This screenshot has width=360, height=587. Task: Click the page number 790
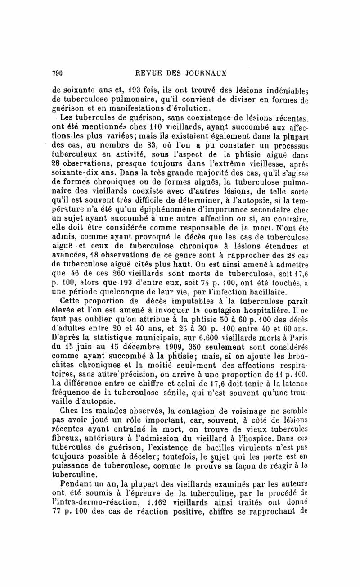click(57, 72)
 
